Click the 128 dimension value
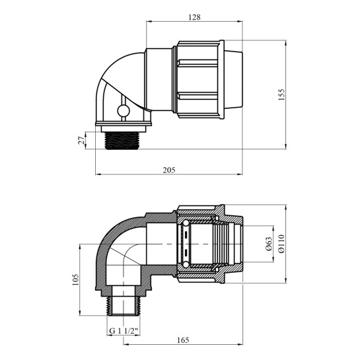click(194, 17)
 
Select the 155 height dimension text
click(281, 94)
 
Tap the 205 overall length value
click(169, 170)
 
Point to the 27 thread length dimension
click(81, 141)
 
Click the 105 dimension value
click(75, 279)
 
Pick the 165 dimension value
click(183, 340)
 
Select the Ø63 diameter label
click(269, 244)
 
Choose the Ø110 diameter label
click(281, 244)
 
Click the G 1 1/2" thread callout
click(124, 331)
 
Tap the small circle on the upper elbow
click(124, 111)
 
